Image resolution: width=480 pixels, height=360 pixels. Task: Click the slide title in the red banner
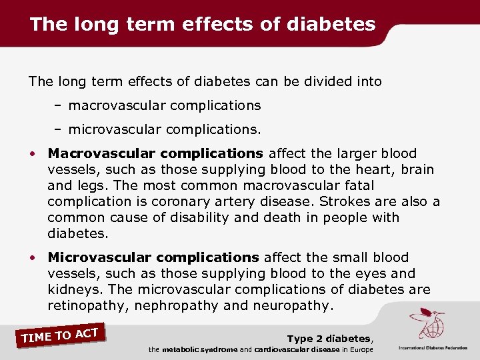[203, 25]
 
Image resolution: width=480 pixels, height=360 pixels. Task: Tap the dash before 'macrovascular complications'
[59, 105]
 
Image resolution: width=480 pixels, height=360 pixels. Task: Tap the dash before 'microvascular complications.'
[59, 127]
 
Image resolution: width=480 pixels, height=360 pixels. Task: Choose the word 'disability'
[179, 217]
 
